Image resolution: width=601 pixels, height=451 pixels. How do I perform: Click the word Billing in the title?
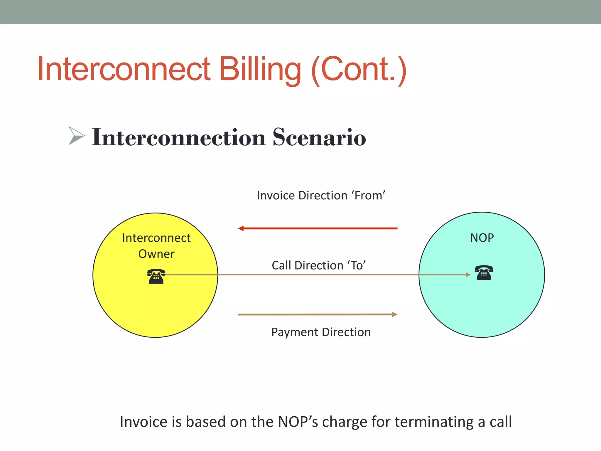point(260,69)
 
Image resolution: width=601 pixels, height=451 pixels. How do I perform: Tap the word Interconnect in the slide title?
point(124,69)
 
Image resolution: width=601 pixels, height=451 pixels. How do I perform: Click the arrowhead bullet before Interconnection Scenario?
point(76,136)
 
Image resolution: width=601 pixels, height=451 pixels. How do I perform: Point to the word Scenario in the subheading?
point(319,137)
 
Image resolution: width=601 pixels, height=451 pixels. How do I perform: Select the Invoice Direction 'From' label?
point(321,196)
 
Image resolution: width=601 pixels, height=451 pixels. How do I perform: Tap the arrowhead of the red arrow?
point(241,228)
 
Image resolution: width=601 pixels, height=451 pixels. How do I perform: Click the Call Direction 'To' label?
point(319,265)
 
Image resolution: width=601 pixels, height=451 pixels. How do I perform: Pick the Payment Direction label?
point(321,332)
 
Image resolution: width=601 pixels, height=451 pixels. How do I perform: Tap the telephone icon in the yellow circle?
point(156,276)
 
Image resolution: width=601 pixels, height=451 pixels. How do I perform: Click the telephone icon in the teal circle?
point(484,273)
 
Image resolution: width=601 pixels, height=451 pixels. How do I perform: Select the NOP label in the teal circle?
point(482,238)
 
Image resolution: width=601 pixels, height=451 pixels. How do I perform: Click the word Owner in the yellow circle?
point(156,254)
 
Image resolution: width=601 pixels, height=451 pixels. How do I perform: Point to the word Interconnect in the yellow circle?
point(156,238)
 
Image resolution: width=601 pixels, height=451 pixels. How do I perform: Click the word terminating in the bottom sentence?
point(434,422)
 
